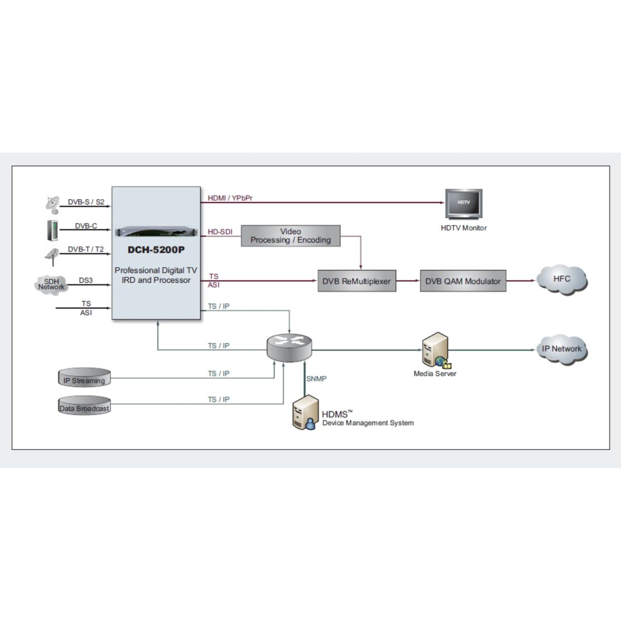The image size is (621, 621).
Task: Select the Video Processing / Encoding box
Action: click(x=290, y=236)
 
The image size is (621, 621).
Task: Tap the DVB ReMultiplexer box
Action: click(x=357, y=282)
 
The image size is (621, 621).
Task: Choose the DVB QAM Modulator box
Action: click(x=463, y=282)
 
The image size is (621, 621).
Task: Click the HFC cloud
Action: click(x=561, y=279)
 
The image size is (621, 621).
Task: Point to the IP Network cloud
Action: click(x=561, y=349)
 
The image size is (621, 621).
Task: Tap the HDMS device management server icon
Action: click(x=305, y=412)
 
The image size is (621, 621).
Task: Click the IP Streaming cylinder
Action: click(x=84, y=378)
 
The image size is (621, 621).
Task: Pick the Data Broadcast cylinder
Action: click(x=84, y=405)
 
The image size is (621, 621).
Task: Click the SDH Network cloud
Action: click(x=52, y=284)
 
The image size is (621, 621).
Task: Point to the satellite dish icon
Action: click(x=52, y=204)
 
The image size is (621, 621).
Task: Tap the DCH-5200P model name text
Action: click(x=156, y=250)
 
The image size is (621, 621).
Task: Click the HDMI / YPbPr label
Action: click(x=230, y=198)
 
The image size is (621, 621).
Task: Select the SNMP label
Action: click(x=316, y=379)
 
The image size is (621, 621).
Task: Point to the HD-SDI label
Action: click(x=220, y=232)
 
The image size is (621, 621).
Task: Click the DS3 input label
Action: click(x=86, y=280)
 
